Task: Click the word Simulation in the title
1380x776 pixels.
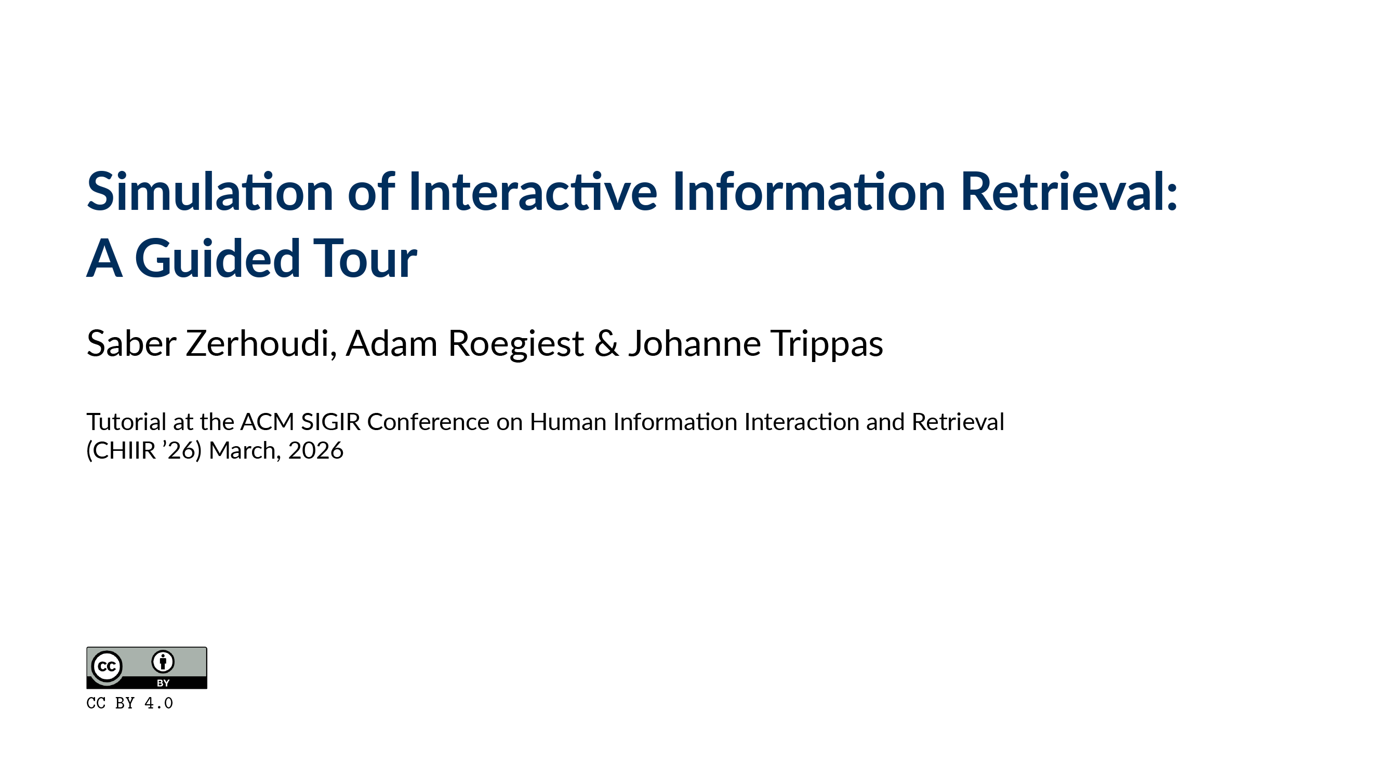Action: pos(210,192)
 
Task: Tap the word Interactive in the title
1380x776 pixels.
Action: pos(533,192)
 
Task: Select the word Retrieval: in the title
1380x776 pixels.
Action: pos(1069,192)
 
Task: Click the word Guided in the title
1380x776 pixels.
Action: pos(217,259)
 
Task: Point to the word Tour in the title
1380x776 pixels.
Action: pos(364,259)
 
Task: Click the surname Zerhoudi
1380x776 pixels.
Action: pos(261,343)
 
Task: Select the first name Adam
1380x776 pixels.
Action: pos(392,343)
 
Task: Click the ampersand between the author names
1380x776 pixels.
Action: pos(606,343)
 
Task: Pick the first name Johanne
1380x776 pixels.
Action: pos(694,343)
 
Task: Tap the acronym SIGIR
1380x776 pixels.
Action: pos(330,422)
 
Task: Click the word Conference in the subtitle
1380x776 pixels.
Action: pos(428,422)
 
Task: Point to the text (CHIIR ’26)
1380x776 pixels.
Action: pos(144,450)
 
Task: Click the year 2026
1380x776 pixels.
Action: pos(315,450)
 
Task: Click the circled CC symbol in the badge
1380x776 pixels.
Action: pos(107,666)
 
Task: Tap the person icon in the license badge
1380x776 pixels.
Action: pos(163,662)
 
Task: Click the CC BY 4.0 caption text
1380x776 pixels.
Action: pos(130,703)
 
